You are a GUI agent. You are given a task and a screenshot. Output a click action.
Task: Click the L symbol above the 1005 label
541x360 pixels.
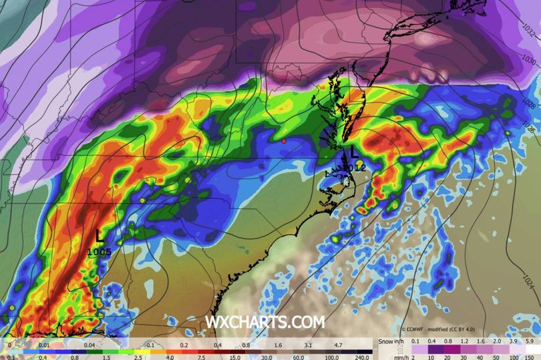[x=99, y=235]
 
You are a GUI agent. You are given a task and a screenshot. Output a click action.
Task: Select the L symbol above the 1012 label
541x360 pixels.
[x=355, y=154]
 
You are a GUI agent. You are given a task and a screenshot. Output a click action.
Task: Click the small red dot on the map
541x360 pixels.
[x=284, y=142]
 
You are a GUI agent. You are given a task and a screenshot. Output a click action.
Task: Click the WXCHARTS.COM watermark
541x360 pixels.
[x=264, y=322]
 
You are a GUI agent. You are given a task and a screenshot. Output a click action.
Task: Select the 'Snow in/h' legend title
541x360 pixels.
[x=391, y=341]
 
